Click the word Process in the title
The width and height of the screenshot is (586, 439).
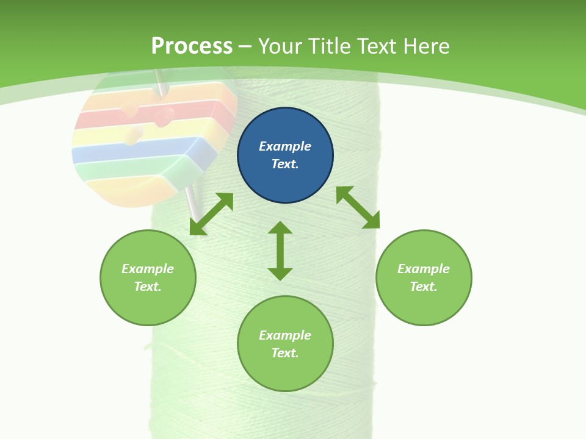coord(192,46)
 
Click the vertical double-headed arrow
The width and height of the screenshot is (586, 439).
coord(280,251)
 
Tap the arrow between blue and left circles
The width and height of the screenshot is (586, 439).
coord(211,214)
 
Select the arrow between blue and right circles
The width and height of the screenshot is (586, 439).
coord(358,207)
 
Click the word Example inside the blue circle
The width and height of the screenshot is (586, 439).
coord(285,146)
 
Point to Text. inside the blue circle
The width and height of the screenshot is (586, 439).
coord(285,164)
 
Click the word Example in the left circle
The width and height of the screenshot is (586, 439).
coord(148,269)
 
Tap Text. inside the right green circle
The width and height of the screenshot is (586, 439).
coord(424,287)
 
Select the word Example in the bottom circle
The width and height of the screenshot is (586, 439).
coord(285,335)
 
